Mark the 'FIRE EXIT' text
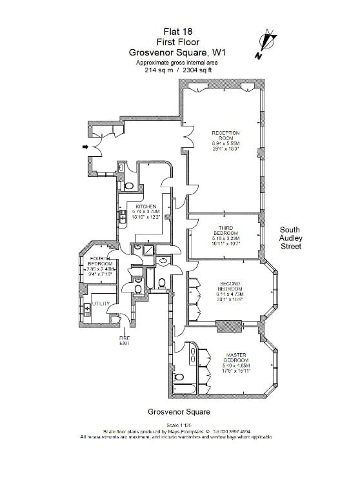[124, 340]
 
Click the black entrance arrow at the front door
[85, 148]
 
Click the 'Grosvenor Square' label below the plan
[179, 411]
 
